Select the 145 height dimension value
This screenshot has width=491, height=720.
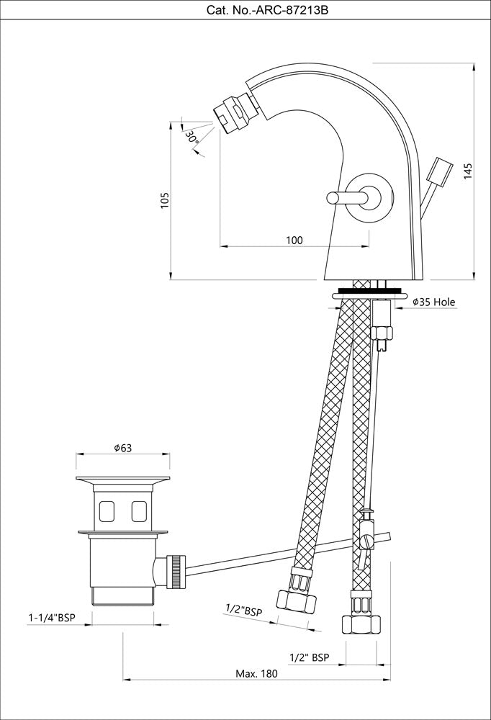coord(468,171)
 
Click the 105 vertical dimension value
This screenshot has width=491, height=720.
coord(165,200)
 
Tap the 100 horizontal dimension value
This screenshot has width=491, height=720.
coord(294,240)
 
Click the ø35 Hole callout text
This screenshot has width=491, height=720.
coord(433,302)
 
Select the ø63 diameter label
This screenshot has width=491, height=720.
coord(122,448)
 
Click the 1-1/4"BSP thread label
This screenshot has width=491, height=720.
coord(53,618)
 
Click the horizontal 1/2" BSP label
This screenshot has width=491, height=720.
coord(309,657)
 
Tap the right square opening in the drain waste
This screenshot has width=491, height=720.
coord(138,511)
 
